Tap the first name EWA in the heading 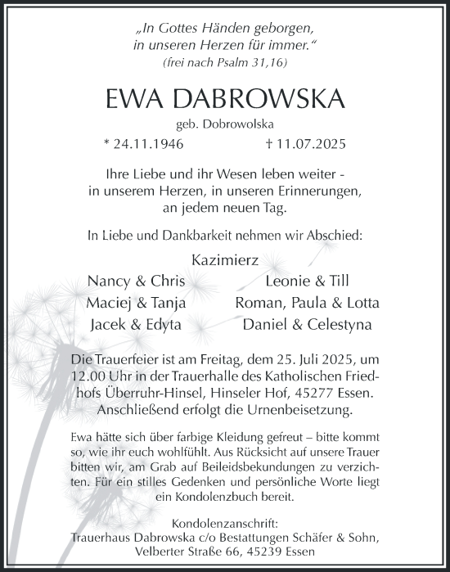[133, 98]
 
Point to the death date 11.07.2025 [307, 143]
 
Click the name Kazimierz [225, 259]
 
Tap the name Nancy [110, 281]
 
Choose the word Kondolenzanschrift [225, 523]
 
